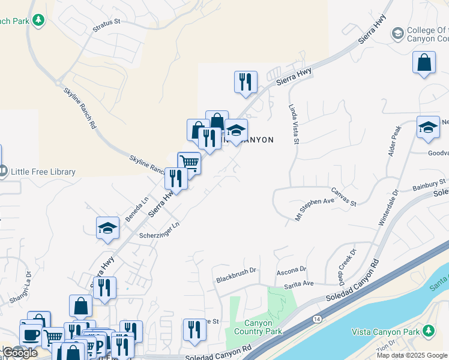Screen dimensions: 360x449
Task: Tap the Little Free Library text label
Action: click(42, 172)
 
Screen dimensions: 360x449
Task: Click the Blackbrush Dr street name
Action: click(236, 275)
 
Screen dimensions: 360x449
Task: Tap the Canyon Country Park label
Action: click(259, 327)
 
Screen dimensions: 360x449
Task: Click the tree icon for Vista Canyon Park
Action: click(428, 331)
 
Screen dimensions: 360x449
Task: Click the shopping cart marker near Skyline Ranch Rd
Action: click(189, 162)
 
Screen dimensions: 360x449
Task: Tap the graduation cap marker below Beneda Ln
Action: click(107, 229)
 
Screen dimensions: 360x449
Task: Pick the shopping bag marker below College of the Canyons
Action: click(424, 62)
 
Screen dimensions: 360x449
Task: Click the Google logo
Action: click(20, 353)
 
